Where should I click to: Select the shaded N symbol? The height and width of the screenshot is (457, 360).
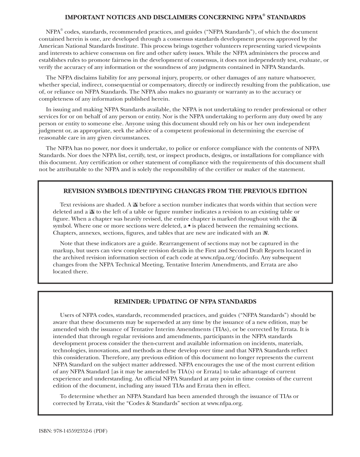pos(266,233)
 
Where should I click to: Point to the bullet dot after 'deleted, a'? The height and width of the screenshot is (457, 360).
pos(185,226)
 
